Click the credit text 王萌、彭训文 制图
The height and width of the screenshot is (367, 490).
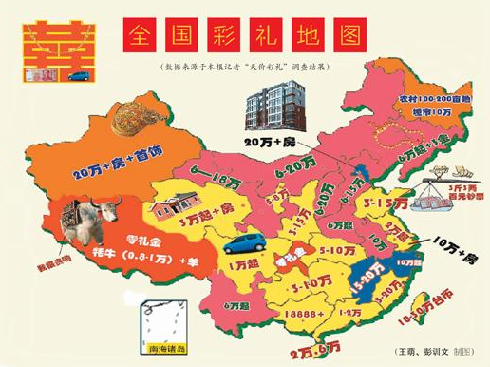point(436,351)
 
